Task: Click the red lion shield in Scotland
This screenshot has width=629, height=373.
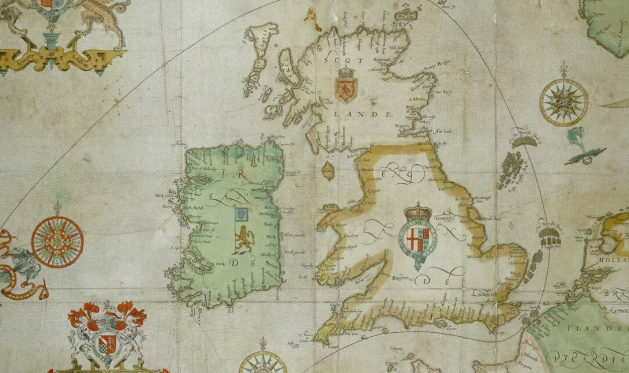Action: tap(345, 87)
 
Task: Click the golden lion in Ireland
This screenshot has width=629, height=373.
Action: tap(244, 239)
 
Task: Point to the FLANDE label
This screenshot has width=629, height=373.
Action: tap(597, 328)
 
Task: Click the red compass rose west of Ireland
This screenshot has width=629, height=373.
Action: tap(57, 241)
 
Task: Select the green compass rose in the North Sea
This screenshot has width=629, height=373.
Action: tap(564, 102)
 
